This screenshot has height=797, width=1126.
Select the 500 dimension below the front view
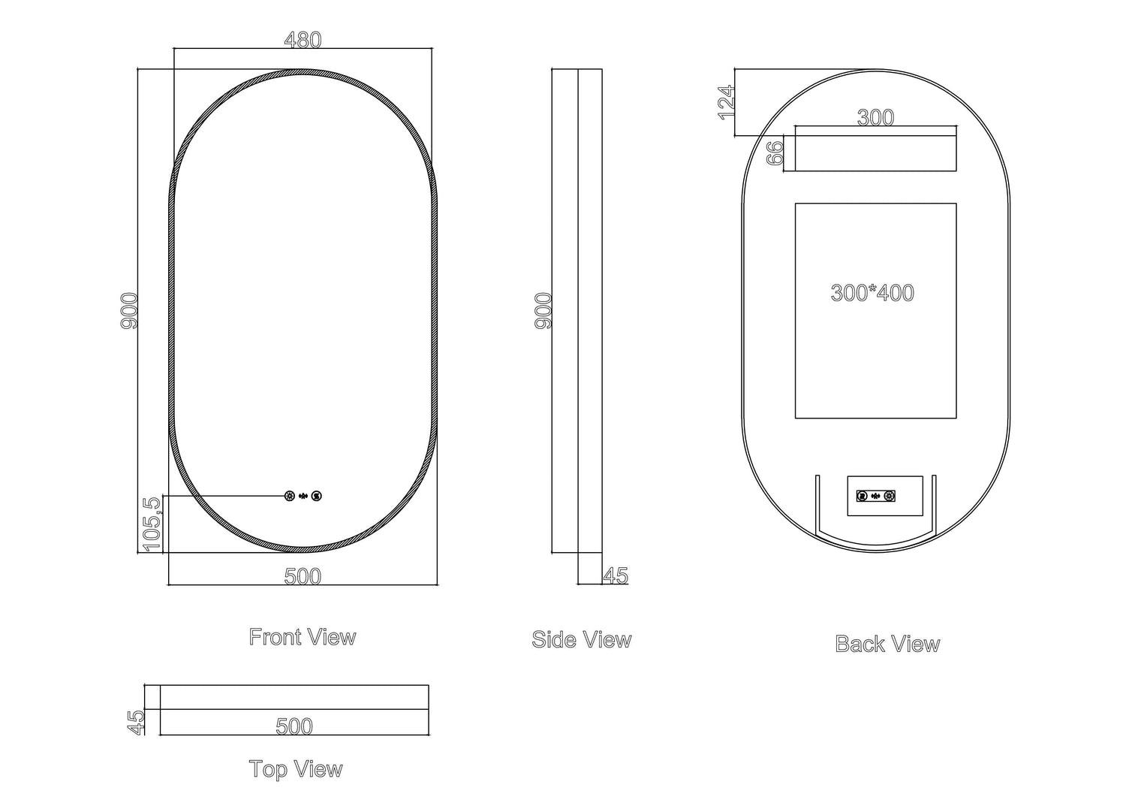(303, 576)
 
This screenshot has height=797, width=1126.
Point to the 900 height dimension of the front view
(129, 310)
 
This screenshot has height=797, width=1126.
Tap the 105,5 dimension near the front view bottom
(152, 524)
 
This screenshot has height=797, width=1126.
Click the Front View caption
(303, 637)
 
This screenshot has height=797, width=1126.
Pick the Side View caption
(582, 639)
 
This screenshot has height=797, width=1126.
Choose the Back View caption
(887, 644)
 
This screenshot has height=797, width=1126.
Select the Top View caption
(296, 769)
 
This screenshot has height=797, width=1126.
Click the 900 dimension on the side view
(543, 310)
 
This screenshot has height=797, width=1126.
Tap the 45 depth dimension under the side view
(616, 575)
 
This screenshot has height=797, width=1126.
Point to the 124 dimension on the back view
(726, 102)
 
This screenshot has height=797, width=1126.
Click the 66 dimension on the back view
(776, 152)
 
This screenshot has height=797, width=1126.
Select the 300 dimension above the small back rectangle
(875, 118)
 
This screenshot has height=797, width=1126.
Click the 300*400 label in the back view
(872, 292)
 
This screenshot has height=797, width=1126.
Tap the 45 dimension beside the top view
(136, 722)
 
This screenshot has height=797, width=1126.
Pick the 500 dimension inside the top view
(294, 726)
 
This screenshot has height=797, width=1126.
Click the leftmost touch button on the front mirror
(290, 496)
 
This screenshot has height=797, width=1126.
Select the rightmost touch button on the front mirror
(317, 496)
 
